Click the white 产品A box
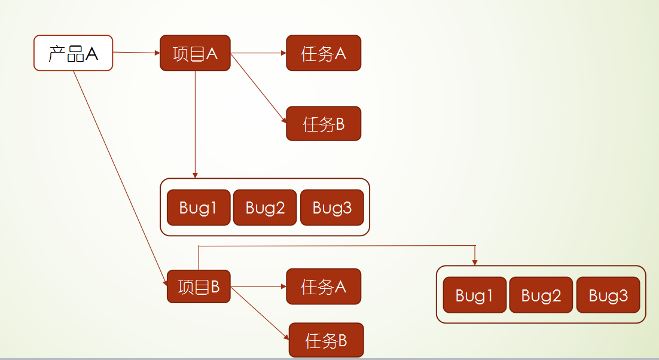coord(73,53)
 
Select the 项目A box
coord(195,53)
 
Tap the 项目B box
coord(199,286)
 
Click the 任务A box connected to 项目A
coord(324,53)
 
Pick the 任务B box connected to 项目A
coord(324,124)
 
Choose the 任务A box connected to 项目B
coord(324,286)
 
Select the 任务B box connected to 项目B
coord(326,340)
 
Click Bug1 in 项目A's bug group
coord(198,208)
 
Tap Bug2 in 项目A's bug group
coord(265,208)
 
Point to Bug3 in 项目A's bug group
coord(332,208)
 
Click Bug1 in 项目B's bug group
coord(475,295)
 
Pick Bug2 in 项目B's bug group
coord(541,295)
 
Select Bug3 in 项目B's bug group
coord(608,295)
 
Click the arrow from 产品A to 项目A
coord(136,53)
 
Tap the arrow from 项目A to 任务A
coord(258,53)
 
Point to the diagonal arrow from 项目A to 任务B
coord(258,88)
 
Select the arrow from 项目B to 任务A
coord(258,286)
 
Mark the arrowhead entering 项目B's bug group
coord(475,262)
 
